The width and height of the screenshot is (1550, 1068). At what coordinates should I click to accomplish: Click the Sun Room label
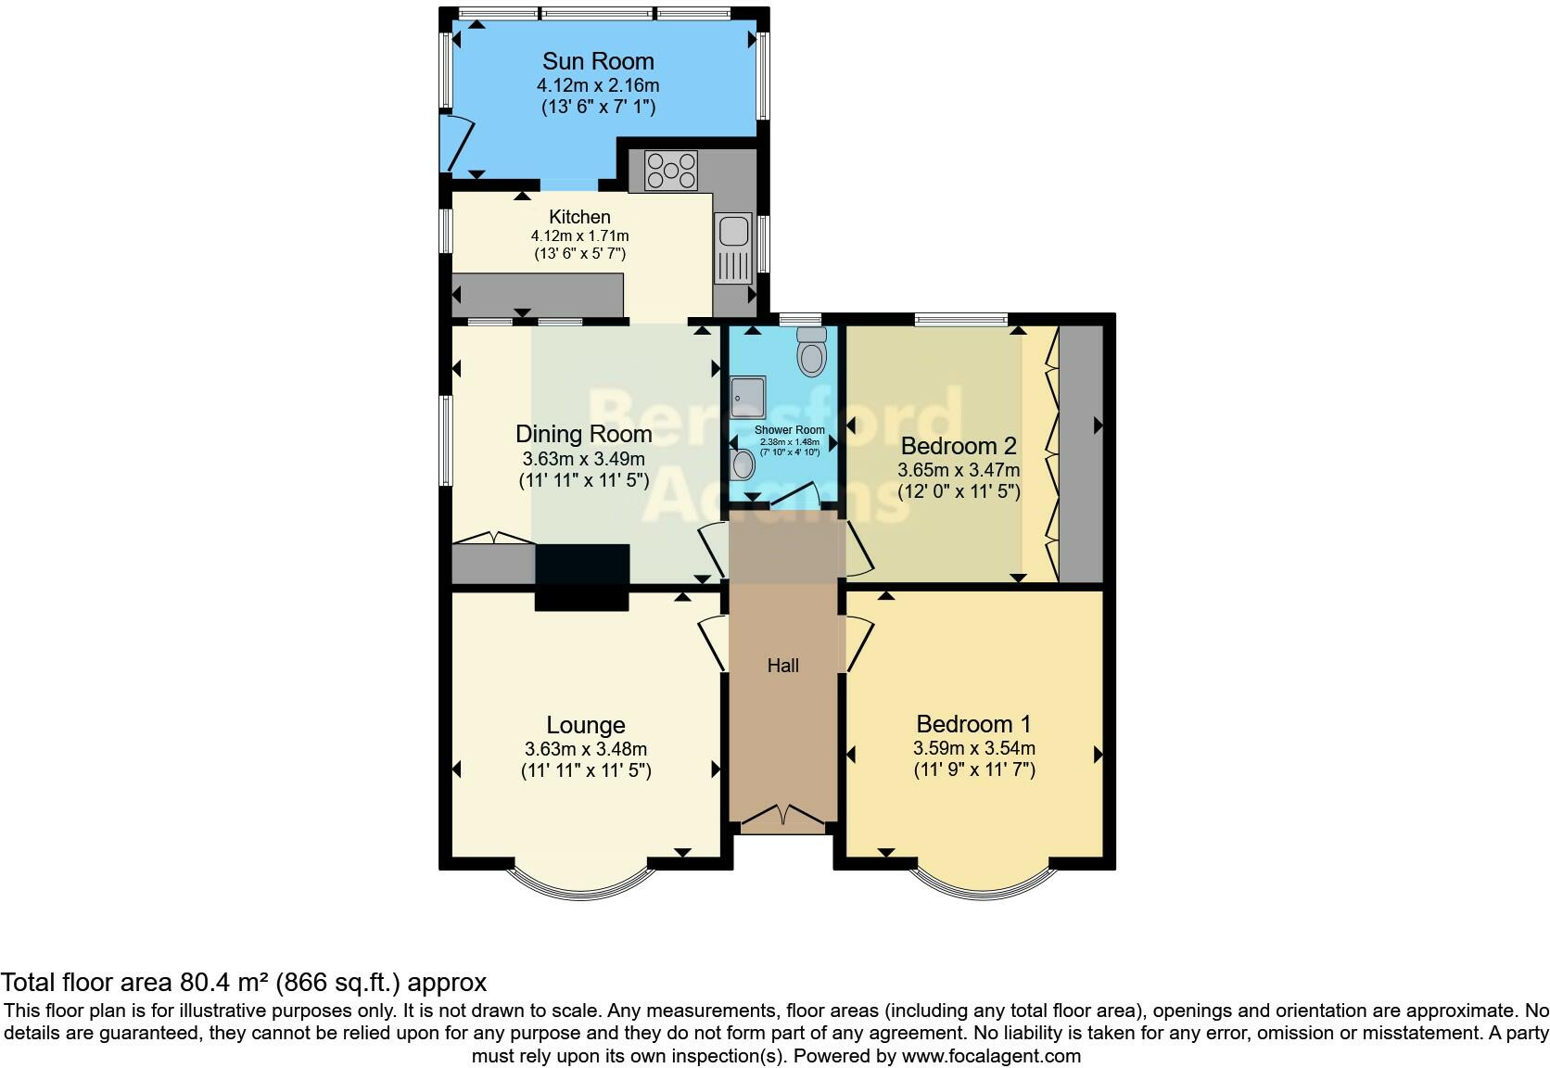(x=598, y=61)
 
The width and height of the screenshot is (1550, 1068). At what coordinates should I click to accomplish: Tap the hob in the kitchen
(x=671, y=171)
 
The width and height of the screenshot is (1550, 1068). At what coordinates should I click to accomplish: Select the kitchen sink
(x=733, y=247)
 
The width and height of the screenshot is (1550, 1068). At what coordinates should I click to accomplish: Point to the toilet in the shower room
(x=812, y=351)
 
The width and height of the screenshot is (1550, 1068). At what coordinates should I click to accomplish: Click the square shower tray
(x=748, y=396)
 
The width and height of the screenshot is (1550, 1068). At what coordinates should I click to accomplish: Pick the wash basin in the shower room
(x=743, y=464)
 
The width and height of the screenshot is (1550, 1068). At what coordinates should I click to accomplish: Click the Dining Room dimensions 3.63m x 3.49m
(x=583, y=459)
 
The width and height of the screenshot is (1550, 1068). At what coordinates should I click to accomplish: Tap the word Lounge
(x=585, y=725)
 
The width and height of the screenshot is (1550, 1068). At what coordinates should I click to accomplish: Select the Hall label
(x=782, y=666)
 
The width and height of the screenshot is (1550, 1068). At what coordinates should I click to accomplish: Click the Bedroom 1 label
(x=973, y=723)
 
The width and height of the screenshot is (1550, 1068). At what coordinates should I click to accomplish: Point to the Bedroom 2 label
(x=959, y=446)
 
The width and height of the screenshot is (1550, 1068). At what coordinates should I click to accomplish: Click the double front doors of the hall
(x=783, y=816)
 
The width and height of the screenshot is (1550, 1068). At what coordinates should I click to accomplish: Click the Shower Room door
(x=794, y=495)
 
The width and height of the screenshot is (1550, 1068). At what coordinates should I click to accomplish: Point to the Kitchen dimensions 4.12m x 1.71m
(x=579, y=235)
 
